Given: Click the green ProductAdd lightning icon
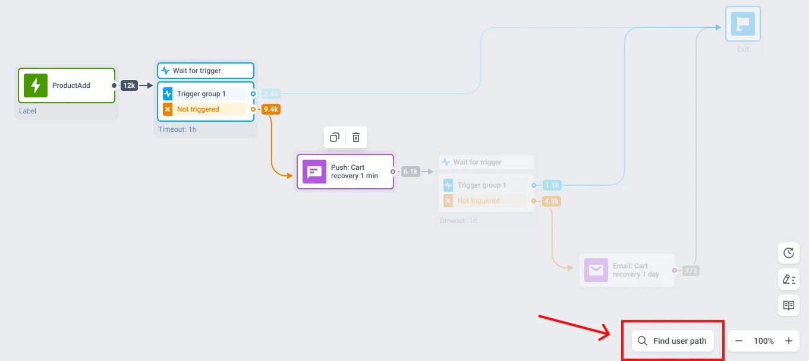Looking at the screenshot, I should coord(36,85).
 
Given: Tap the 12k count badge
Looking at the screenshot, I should coord(130,85).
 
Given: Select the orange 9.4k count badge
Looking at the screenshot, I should coord(271,109).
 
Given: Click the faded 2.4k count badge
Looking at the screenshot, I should coord(271,94).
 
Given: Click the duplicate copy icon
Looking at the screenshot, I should coord(335,137).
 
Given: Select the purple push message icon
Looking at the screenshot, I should coord(314,172).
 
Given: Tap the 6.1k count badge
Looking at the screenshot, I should coord(411,172).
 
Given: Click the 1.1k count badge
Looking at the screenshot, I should coord(552,185).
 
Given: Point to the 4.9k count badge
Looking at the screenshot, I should coord(552,201).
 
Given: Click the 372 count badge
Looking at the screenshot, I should coord(690,271).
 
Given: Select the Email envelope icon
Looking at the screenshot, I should coord(596,270).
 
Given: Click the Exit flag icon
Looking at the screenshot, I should coord(742,24).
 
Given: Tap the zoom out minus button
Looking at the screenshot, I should coord(739,341).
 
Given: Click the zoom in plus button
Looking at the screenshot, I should coord(789,341).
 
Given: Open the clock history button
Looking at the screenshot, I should coord(789,253).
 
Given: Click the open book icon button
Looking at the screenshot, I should coord(789,305).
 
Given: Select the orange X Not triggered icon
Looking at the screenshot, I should coord(168,109).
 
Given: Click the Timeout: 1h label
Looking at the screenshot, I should coord(177,129).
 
